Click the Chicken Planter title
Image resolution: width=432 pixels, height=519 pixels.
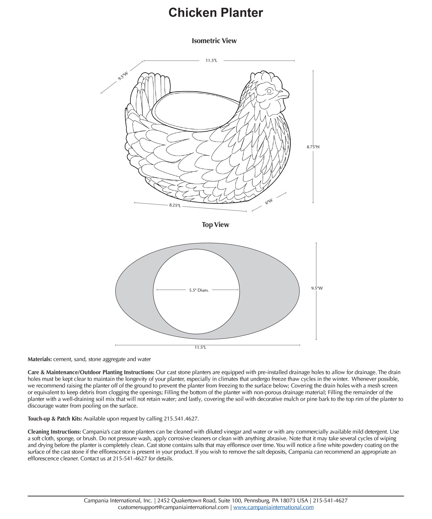[x=216, y=13]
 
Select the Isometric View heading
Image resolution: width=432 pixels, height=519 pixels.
[x=214, y=41]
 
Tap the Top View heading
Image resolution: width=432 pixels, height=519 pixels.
[x=215, y=225]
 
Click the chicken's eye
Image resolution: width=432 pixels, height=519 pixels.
[x=270, y=91]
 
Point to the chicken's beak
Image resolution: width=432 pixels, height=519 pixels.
[x=284, y=93]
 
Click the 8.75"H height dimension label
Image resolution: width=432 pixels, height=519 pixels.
[x=313, y=147]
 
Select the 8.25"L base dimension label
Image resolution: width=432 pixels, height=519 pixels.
[x=175, y=206]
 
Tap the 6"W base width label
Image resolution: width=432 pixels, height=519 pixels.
[x=269, y=201]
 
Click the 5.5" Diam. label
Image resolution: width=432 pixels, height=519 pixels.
[x=199, y=290]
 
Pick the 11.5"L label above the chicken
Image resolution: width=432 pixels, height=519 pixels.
[x=211, y=61]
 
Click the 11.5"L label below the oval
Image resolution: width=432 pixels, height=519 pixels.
[x=200, y=347]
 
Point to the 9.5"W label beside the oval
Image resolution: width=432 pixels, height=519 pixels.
[x=317, y=288]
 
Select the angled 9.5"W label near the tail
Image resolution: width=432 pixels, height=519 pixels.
[x=123, y=76]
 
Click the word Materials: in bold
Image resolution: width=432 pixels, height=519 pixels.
[x=40, y=359]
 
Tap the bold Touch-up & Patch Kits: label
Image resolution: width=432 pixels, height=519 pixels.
[x=55, y=419]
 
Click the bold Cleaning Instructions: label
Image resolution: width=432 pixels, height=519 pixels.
[x=54, y=432]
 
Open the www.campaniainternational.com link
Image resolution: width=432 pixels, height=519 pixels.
[x=273, y=507]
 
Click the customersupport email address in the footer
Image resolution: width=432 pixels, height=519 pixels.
[x=173, y=507]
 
